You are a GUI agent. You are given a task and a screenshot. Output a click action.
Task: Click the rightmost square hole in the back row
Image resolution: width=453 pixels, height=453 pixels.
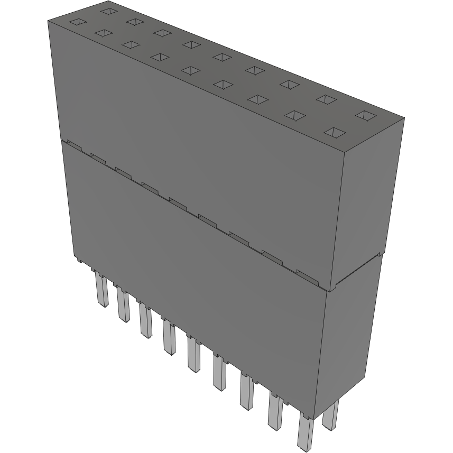(365, 115)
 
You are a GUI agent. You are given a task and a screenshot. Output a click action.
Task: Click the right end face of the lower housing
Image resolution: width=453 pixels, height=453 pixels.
(352, 344)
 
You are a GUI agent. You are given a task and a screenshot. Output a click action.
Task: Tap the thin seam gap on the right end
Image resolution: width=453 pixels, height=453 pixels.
(359, 272)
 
